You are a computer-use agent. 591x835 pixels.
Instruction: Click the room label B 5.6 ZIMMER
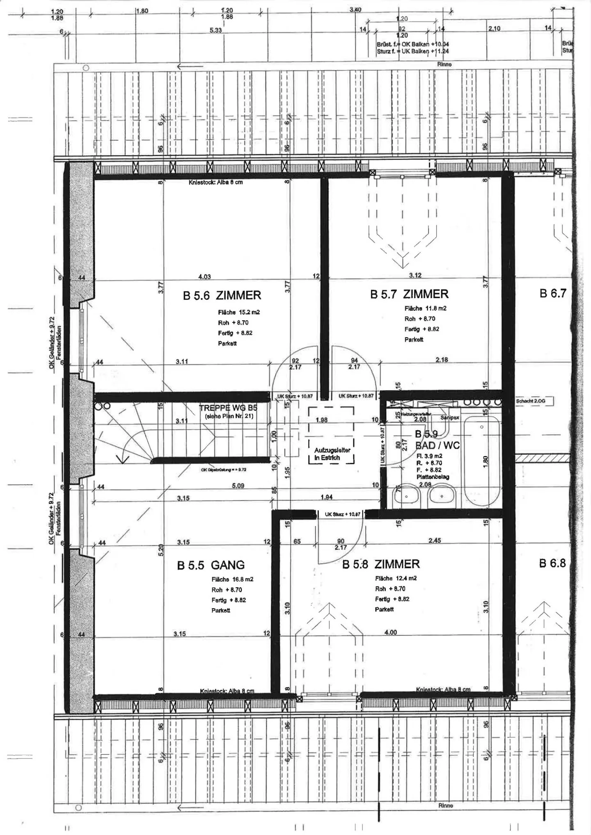click(222, 295)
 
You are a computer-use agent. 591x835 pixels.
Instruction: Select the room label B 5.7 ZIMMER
click(409, 294)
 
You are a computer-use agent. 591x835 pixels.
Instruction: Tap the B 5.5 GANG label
click(211, 565)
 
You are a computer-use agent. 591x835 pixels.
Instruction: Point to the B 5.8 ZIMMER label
click(381, 564)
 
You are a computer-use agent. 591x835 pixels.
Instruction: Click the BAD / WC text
click(437, 445)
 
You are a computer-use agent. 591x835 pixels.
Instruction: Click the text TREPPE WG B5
click(228, 408)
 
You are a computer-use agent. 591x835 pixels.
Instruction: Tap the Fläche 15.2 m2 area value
click(239, 312)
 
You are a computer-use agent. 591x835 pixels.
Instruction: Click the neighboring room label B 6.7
click(553, 293)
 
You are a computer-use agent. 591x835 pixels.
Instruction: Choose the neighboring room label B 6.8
click(552, 563)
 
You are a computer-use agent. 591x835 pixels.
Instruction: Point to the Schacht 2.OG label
click(530, 401)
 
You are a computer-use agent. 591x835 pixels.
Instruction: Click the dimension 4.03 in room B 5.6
click(204, 277)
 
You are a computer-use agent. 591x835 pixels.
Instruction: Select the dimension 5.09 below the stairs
click(238, 486)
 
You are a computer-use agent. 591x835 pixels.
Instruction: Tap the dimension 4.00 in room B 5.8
click(390, 632)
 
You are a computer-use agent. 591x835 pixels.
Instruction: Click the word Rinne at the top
click(444, 64)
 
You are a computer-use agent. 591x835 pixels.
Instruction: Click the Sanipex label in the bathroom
click(449, 417)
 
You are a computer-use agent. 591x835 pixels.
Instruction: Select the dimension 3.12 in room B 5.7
click(415, 275)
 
